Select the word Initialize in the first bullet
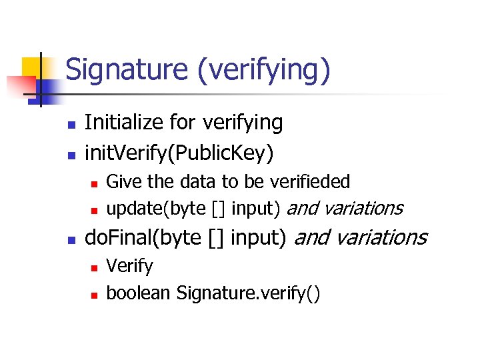point(124,123)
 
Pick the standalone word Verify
point(130,266)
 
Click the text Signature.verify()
point(248,293)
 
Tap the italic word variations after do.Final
point(383,237)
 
